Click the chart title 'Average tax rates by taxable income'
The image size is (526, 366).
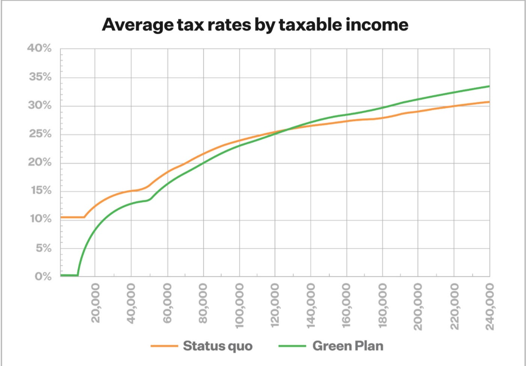pos(255,25)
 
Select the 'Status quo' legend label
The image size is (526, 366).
pos(217,346)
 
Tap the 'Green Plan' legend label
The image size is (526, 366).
pos(348,346)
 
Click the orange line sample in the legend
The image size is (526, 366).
pos(164,346)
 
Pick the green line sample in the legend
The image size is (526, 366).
pos(292,346)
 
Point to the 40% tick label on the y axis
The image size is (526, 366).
pos(39,48)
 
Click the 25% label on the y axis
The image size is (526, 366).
pos(40,134)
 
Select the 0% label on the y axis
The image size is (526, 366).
pos(43,276)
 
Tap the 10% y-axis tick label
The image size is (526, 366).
pos(41,219)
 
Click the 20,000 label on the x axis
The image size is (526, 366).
pos(95,303)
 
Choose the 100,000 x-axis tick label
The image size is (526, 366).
pos(239,306)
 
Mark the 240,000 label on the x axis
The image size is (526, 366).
pos(490,306)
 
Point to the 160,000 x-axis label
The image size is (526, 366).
pos(346,306)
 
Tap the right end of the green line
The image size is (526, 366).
pos(489,86)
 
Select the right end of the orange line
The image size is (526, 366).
pos(489,102)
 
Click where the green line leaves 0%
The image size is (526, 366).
pos(78,275)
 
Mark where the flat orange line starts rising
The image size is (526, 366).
pos(84,217)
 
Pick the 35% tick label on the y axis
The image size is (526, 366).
pos(40,77)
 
